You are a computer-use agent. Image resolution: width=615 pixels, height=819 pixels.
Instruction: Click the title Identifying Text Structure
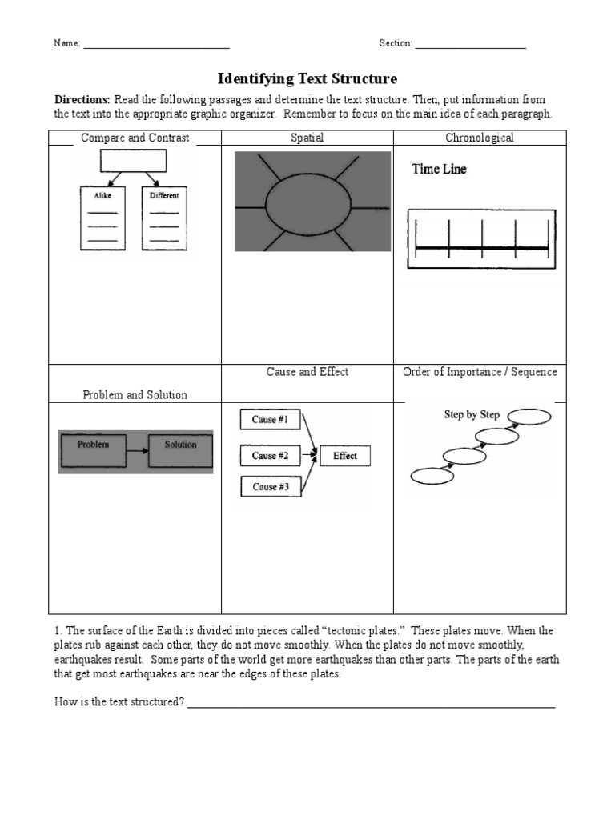point(307,78)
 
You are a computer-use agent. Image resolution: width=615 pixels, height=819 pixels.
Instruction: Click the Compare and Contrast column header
point(135,138)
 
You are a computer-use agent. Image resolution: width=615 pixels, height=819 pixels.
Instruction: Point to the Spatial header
point(307,138)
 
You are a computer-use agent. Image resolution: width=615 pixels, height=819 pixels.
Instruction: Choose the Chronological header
point(480,138)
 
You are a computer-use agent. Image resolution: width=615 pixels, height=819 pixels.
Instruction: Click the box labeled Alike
point(102,218)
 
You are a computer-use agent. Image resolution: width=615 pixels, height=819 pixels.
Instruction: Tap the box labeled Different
point(163,218)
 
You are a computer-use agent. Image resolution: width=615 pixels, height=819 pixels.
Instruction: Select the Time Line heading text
point(439,170)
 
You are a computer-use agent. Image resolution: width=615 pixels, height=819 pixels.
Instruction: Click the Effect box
point(345,456)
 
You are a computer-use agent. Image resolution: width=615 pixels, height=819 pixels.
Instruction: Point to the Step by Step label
point(472,414)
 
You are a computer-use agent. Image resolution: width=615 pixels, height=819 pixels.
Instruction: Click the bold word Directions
point(82,100)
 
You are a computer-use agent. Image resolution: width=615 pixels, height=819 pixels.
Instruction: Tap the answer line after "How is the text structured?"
point(371,707)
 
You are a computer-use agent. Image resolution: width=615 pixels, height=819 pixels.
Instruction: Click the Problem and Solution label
point(135,395)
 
